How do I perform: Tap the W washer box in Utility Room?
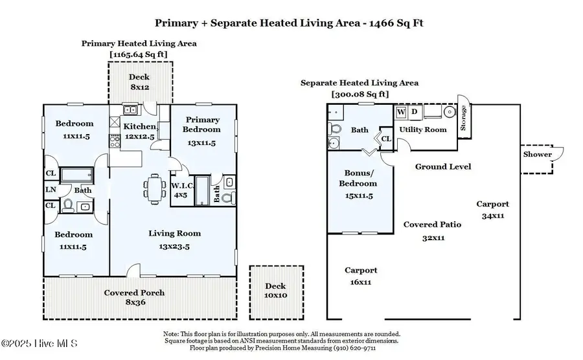(x=401, y=112)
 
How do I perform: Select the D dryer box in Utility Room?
(x=415, y=112)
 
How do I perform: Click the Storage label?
(x=463, y=118)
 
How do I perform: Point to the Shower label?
(x=538, y=154)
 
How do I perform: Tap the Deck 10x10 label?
(x=277, y=291)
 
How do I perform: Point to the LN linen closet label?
(x=50, y=189)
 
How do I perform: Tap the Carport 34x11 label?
(x=493, y=209)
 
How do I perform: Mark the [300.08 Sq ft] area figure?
(x=360, y=94)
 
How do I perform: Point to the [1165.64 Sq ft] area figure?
(x=139, y=54)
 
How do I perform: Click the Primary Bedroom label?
(x=203, y=124)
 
